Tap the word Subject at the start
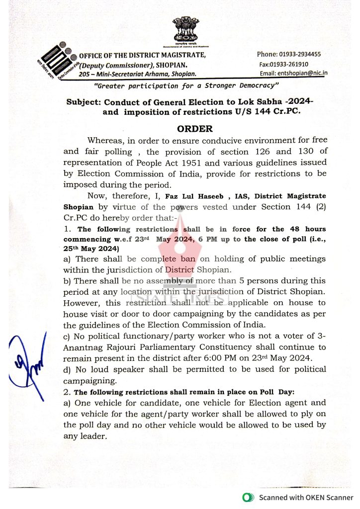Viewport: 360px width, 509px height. point(83,102)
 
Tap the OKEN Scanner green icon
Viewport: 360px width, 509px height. point(246,498)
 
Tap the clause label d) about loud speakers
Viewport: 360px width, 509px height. point(67,369)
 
